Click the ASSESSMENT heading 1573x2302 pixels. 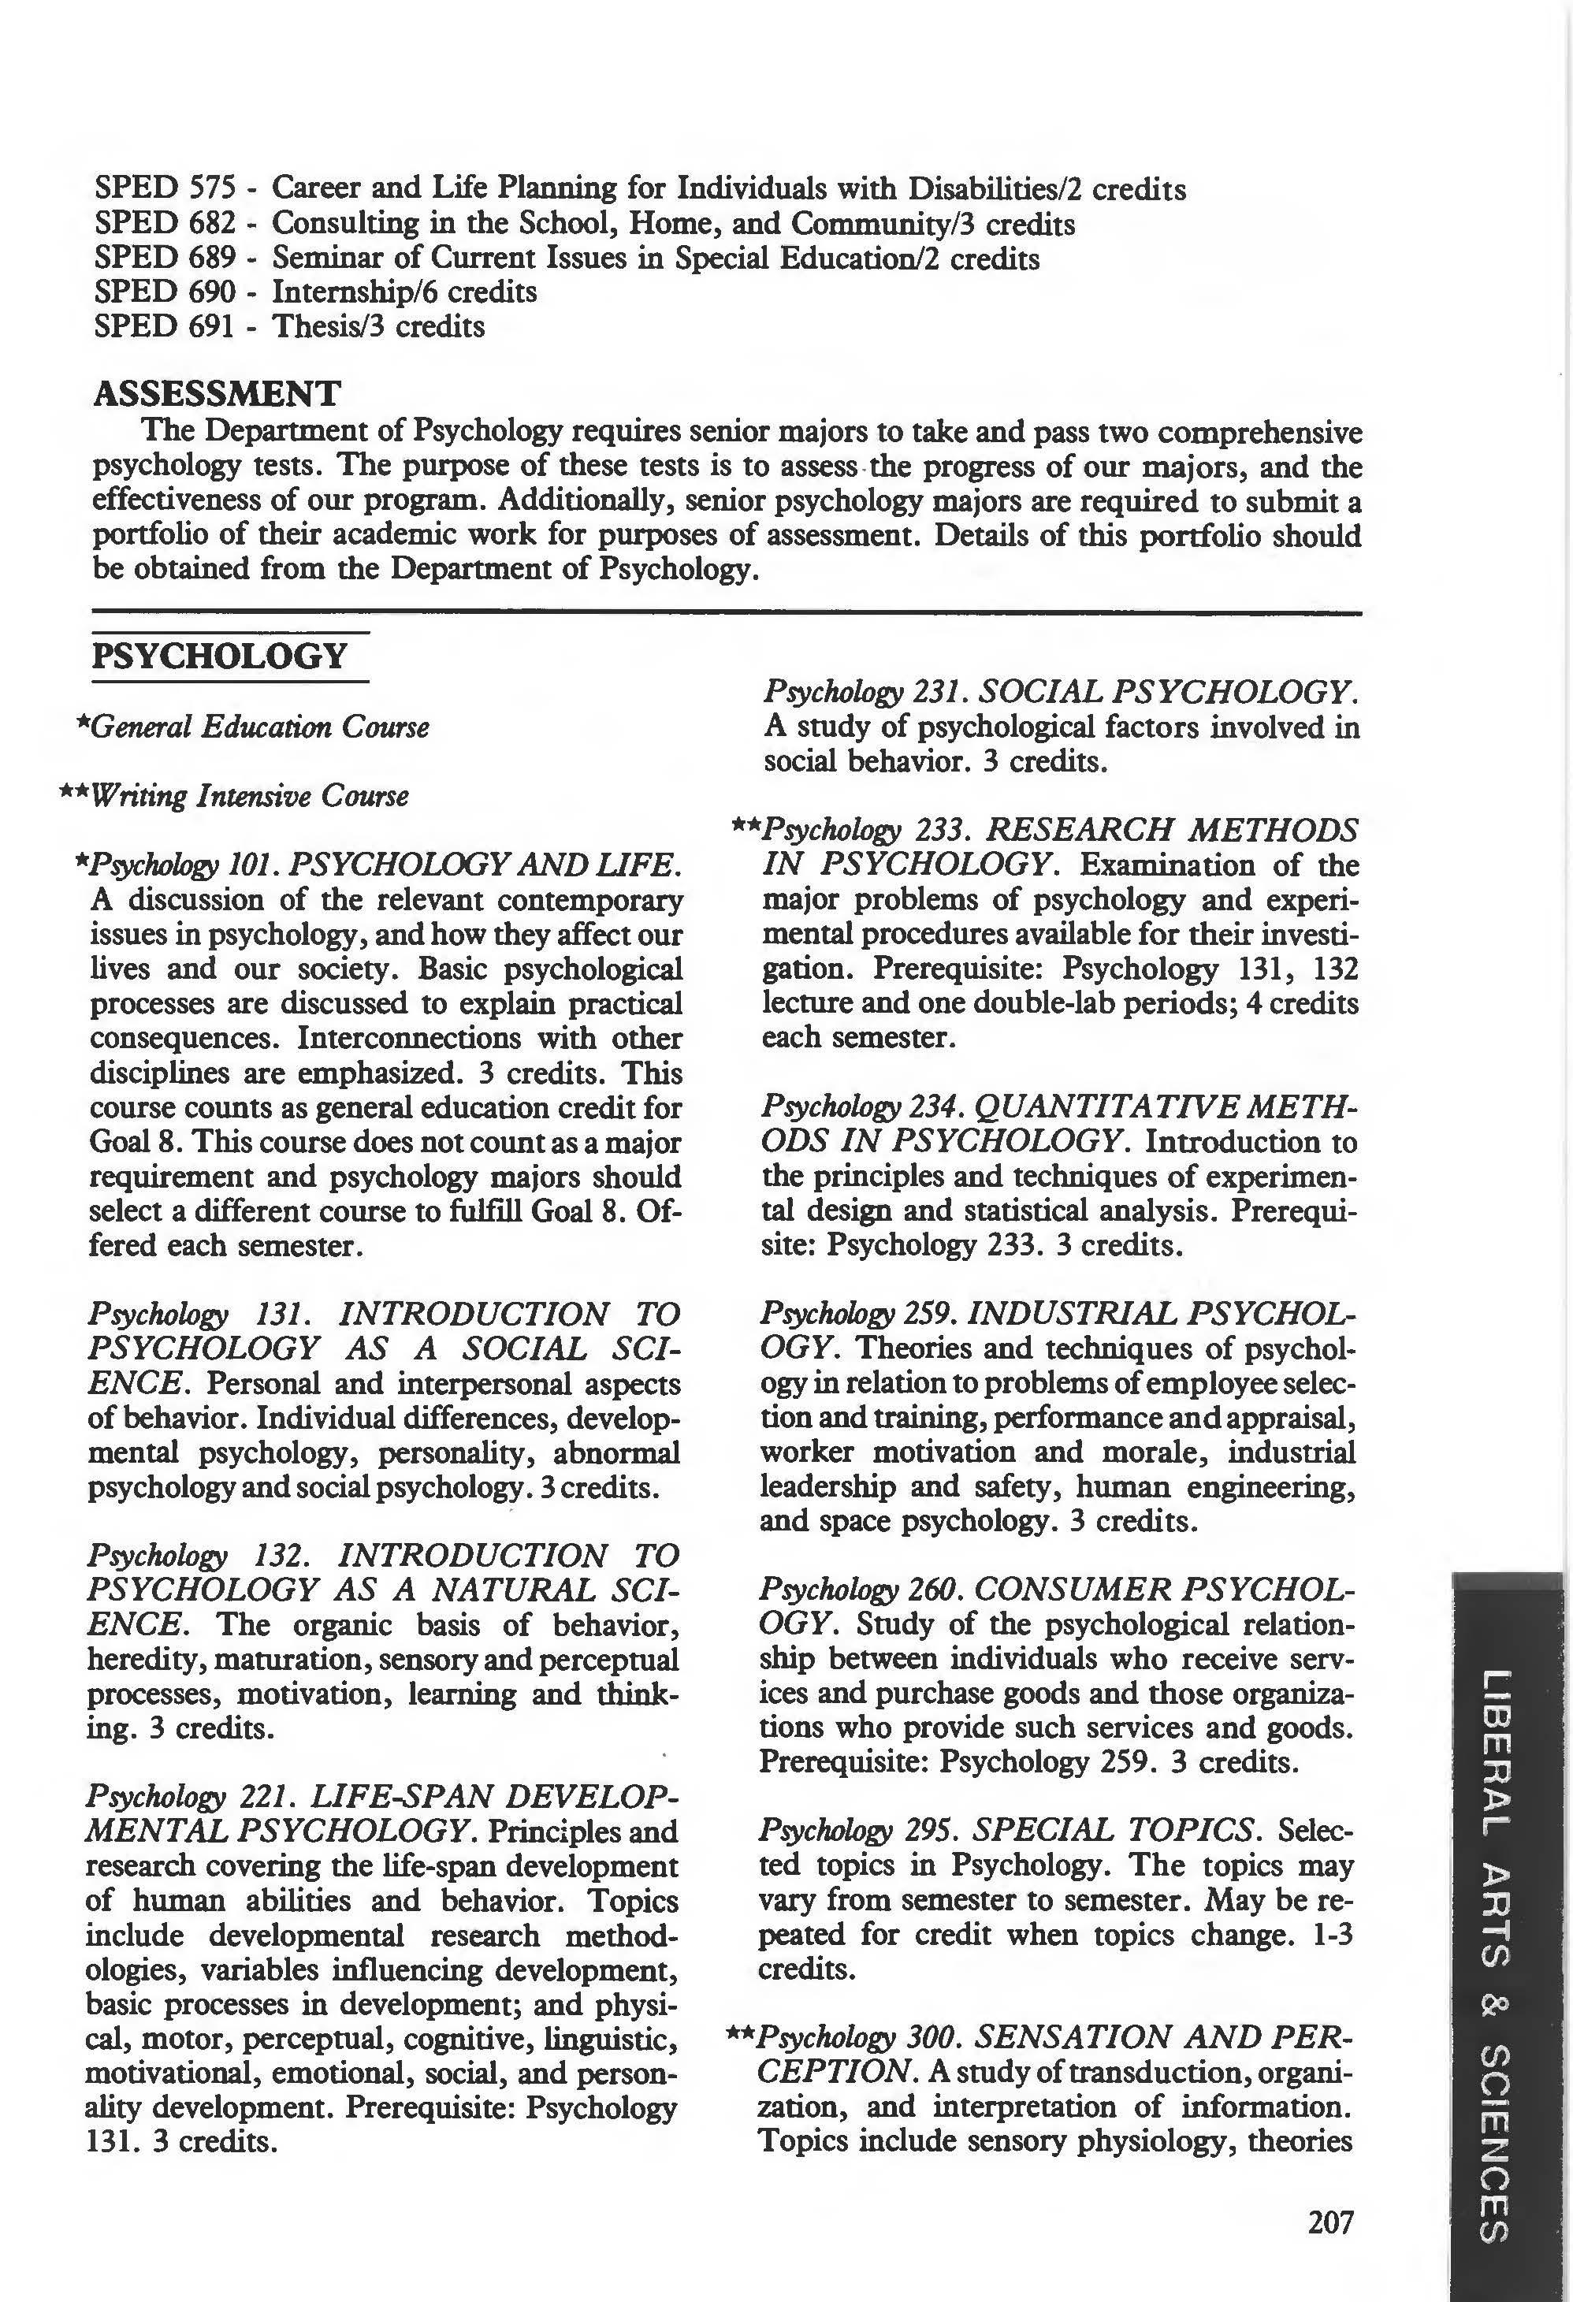pos(216,393)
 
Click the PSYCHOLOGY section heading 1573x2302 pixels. pos(219,656)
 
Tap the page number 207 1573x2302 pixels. pos(1329,2222)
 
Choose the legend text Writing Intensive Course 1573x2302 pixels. pos(248,795)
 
